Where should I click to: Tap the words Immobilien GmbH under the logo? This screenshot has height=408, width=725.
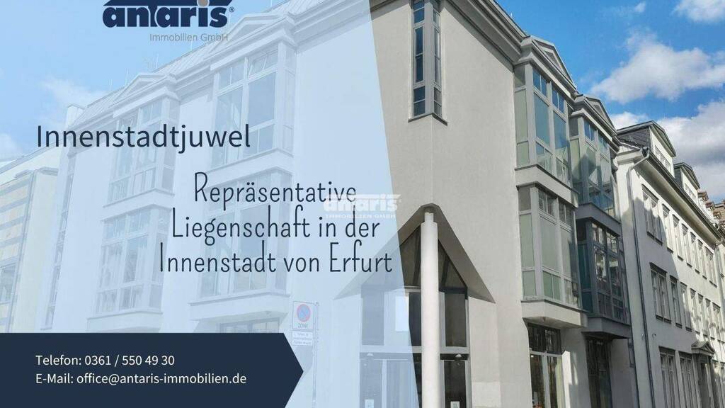(189, 37)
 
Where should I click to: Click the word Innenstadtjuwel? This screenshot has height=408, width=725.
(143, 137)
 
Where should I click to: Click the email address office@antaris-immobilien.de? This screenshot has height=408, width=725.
(161, 379)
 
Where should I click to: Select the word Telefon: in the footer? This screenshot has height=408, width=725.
(59, 361)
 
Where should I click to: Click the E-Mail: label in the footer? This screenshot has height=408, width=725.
(55, 379)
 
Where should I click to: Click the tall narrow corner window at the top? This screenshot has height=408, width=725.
(426, 58)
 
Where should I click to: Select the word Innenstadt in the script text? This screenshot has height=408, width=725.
(215, 262)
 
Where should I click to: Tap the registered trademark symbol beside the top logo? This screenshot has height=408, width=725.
(232, 9)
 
